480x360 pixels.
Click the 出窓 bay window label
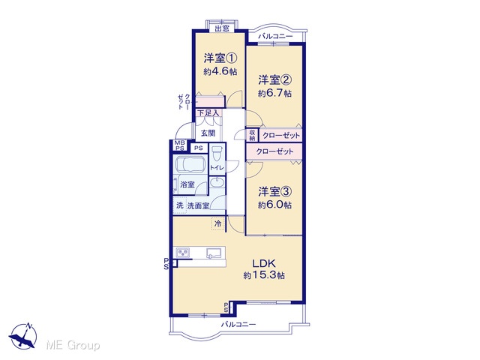click(x=222, y=28)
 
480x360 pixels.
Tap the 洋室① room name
click(x=220, y=58)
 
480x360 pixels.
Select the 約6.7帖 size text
click(x=274, y=93)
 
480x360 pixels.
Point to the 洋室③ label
click(x=275, y=192)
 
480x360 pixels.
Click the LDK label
click(x=264, y=263)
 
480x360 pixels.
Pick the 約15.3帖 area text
click(x=264, y=275)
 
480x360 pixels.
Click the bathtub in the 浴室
click(x=190, y=164)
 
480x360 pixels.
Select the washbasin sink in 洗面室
click(x=217, y=182)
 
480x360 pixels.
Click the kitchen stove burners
click(x=183, y=253)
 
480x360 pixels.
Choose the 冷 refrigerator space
click(x=218, y=223)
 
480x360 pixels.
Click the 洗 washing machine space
click(x=180, y=205)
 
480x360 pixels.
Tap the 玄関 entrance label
click(x=208, y=133)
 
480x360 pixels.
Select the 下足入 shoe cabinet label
click(x=208, y=112)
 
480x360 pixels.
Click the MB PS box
click(x=180, y=145)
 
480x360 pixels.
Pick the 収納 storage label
click(x=252, y=135)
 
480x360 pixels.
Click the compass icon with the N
click(x=23, y=335)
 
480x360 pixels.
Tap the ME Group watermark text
click(x=73, y=345)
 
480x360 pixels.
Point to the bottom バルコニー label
click(x=238, y=324)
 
